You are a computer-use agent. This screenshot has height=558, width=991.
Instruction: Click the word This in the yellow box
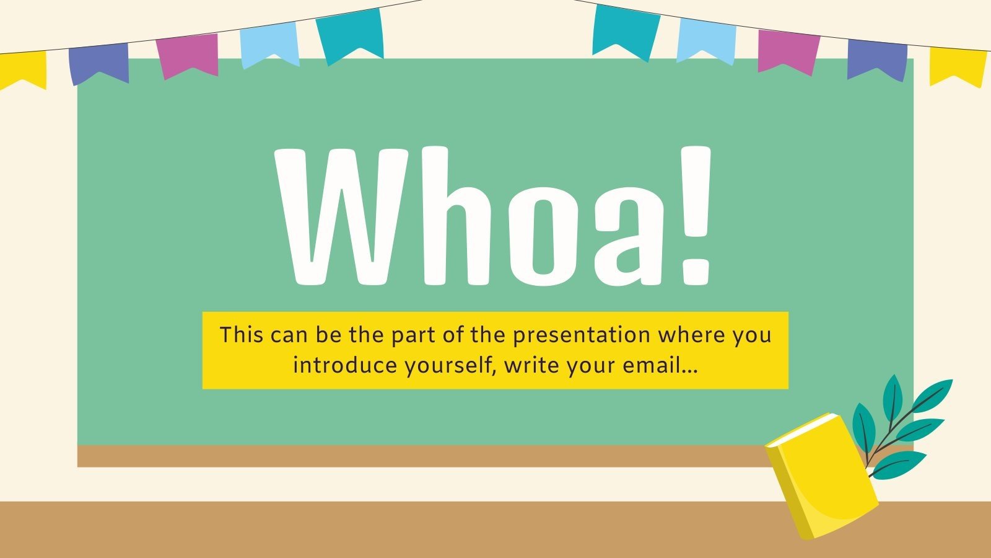click(242, 335)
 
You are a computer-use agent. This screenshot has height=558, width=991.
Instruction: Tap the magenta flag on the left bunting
click(188, 55)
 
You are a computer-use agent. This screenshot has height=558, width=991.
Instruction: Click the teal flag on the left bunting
click(349, 35)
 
